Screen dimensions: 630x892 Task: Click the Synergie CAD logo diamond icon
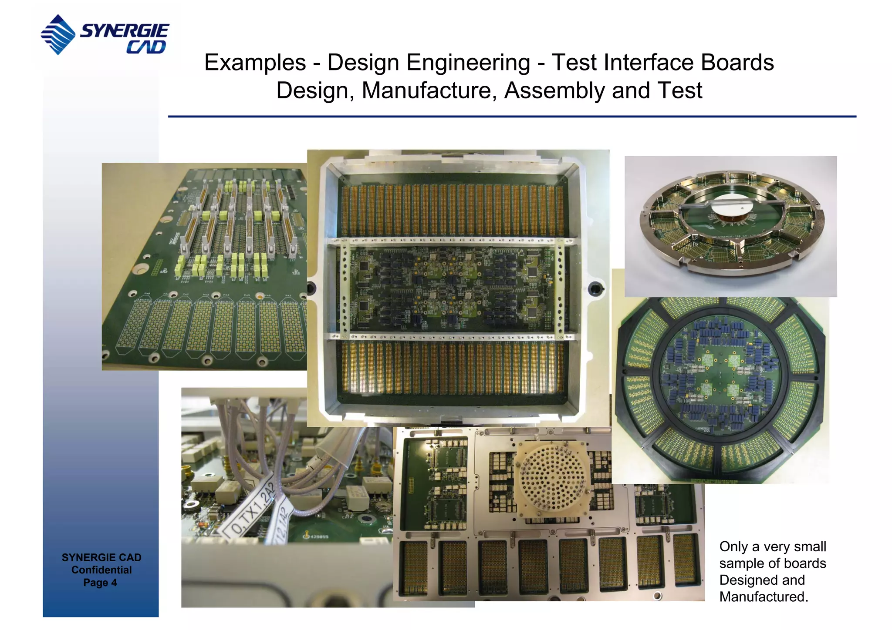[58, 35]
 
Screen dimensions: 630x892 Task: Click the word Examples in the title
[255, 63]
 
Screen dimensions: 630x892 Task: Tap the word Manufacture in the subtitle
[429, 91]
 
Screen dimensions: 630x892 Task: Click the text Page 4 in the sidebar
[100, 583]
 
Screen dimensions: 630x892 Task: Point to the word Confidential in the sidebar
[101, 570]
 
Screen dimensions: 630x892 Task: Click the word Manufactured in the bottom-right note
[763, 596]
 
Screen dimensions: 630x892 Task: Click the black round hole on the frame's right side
[596, 288]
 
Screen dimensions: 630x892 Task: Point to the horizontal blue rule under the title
[512, 117]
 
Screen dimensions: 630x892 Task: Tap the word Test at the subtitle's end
[680, 91]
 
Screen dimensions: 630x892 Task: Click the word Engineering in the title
[468, 63]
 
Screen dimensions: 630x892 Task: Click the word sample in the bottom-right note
[744, 563]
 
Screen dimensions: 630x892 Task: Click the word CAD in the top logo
[146, 47]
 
